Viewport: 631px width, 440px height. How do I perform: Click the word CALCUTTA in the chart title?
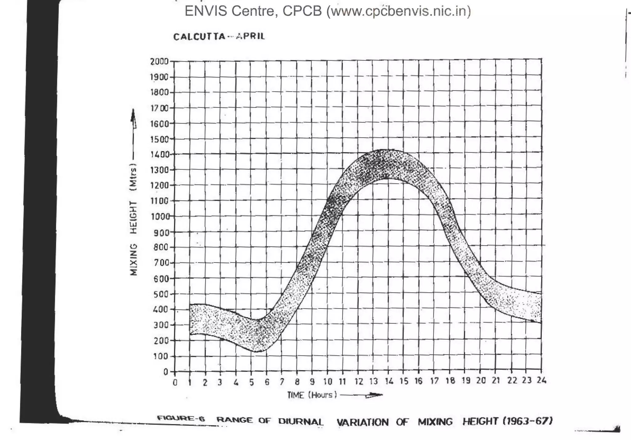tap(199, 37)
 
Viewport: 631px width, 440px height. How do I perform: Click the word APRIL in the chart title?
tap(250, 36)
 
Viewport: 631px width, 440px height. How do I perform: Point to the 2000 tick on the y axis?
tap(159, 62)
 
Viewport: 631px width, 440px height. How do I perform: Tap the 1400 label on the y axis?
tap(159, 154)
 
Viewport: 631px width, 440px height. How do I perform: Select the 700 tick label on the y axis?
tap(161, 263)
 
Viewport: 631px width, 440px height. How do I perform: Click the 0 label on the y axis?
tap(165, 372)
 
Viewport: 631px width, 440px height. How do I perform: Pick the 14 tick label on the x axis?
tap(389, 381)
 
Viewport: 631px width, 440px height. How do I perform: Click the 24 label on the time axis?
tap(541, 380)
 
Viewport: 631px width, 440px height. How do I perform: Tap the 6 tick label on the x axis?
tap(267, 382)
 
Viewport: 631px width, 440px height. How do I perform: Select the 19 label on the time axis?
tap(466, 381)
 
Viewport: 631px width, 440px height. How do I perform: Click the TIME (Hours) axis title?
tap(312, 395)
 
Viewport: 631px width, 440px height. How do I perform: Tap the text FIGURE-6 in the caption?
tap(181, 418)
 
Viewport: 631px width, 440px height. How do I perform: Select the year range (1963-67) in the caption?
tap(527, 421)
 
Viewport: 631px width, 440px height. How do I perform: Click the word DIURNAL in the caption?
tap(301, 422)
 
